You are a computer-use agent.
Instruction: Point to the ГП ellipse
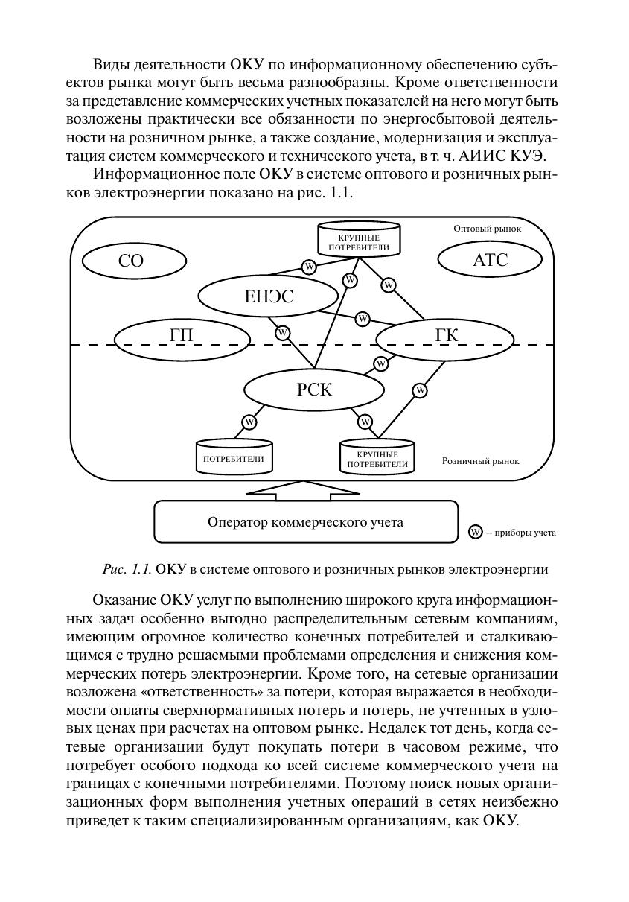pos(182,337)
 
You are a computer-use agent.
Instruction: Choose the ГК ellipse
pos(445,337)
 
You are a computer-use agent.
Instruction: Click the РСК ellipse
pos(314,390)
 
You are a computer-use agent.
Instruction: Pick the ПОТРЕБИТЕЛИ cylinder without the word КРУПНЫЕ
pos(234,457)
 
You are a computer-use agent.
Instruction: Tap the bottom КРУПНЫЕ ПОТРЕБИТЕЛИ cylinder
pos(377,457)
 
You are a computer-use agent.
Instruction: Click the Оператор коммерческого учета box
pos(305,522)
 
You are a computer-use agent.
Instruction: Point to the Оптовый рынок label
pos(487,229)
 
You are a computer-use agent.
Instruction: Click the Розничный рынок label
pos(481,461)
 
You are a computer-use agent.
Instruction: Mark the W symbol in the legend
pos(475,532)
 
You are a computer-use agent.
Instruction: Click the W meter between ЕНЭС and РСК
pos(283,333)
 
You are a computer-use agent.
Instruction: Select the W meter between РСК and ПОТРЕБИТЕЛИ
pos(249,422)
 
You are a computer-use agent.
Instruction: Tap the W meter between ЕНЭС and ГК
pos(363,319)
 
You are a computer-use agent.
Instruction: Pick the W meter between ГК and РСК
pos(381,363)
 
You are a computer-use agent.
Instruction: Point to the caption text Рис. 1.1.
pos(127,570)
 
